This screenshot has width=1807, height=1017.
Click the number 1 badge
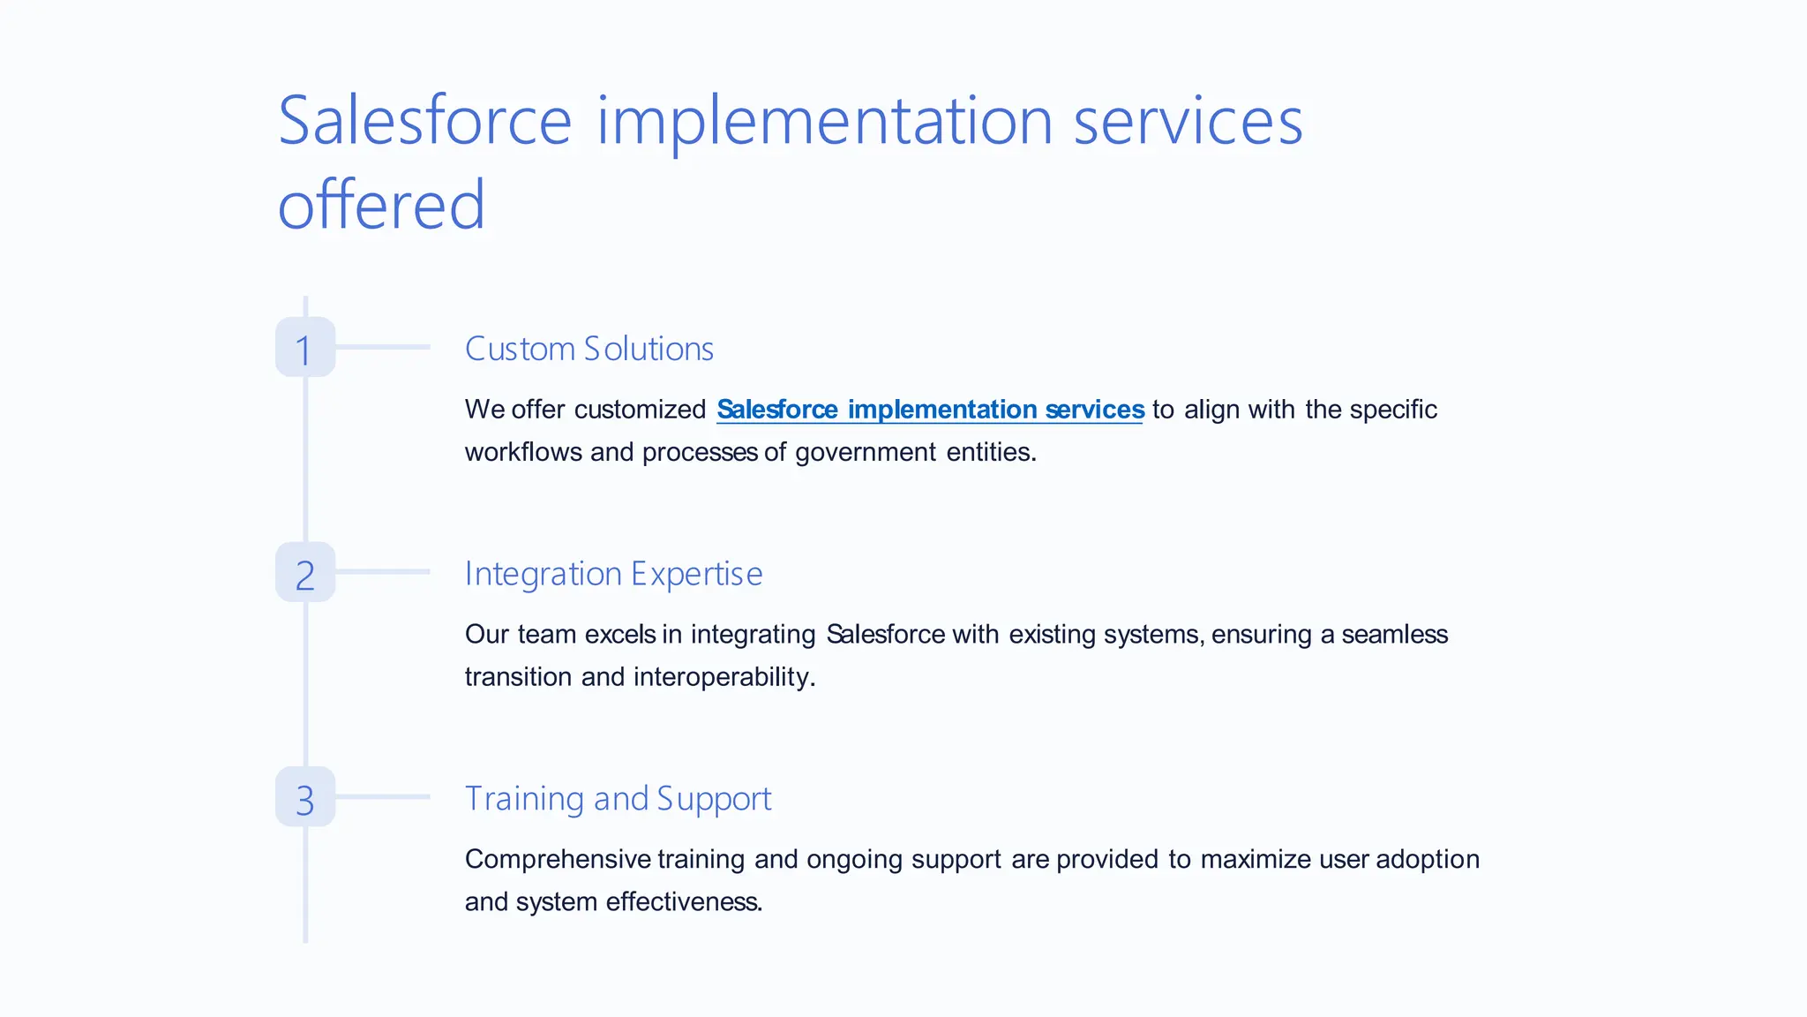point(304,347)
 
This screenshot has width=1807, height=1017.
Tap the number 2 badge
point(304,572)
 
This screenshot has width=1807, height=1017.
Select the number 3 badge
point(304,797)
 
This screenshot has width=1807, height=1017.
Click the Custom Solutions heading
point(589,349)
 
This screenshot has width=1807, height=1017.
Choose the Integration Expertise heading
point(613,574)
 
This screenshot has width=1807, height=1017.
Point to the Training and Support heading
point(618,799)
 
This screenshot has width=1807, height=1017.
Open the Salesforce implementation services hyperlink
point(930,410)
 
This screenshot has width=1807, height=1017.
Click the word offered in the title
point(381,205)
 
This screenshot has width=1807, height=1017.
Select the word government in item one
point(865,452)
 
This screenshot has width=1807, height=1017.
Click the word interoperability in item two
point(724,677)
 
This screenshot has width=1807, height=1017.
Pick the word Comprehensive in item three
point(558,859)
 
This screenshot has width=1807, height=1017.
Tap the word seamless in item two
point(1394,635)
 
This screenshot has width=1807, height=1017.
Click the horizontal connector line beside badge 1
point(383,347)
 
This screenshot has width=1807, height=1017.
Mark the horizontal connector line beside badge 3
point(383,797)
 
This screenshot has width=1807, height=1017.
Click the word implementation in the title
point(825,121)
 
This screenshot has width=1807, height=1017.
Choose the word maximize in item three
point(1255,859)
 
